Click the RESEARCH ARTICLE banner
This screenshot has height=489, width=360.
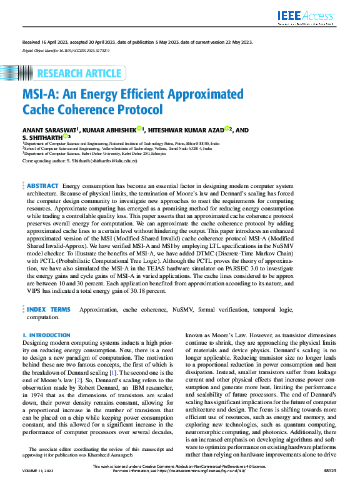pos(79,74)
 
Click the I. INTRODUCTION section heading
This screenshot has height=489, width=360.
pos(46,335)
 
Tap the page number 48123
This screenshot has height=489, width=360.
pos(329,484)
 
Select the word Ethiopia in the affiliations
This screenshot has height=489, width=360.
pos(156,154)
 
